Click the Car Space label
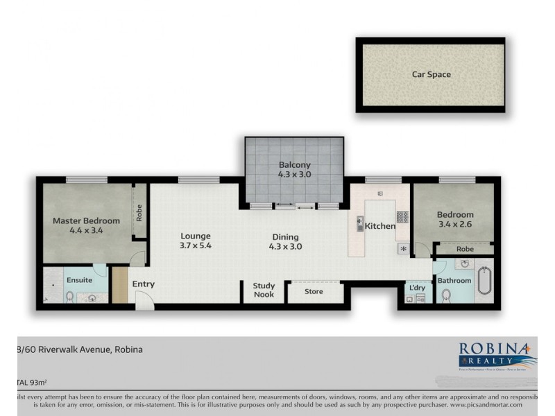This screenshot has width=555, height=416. pos(431,74)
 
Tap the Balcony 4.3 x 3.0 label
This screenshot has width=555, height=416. pos(294,170)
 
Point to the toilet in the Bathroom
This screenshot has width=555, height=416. pos(446,296)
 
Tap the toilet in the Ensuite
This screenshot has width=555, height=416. pos(70,297)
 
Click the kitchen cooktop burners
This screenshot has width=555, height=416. pos(402,216)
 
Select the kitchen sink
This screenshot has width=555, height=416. pos(360,224)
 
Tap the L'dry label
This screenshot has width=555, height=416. pos(416,287)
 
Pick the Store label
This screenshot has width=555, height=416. pos(314,292)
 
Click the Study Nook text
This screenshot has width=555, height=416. pos(264,290)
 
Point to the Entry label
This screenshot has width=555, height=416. pos(144,284)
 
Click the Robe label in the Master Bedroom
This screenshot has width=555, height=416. pos(139,211)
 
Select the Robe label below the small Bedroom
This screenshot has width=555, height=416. pos(466,248)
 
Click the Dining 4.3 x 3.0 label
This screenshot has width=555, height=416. pos(286,241)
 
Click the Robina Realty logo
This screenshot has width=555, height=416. pos(497,356)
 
